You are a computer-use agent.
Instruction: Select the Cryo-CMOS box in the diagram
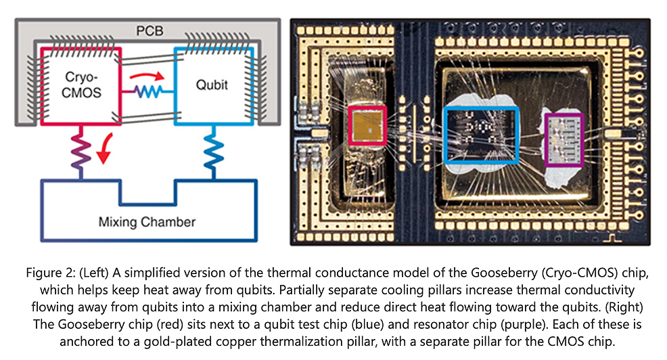coord(81,85)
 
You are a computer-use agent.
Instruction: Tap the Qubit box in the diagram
coord(211,85)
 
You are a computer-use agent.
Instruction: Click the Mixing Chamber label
coord(147,221)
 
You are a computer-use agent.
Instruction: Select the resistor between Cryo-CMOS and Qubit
coord(147,91)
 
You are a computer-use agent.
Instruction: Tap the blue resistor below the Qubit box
coord(210,153)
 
